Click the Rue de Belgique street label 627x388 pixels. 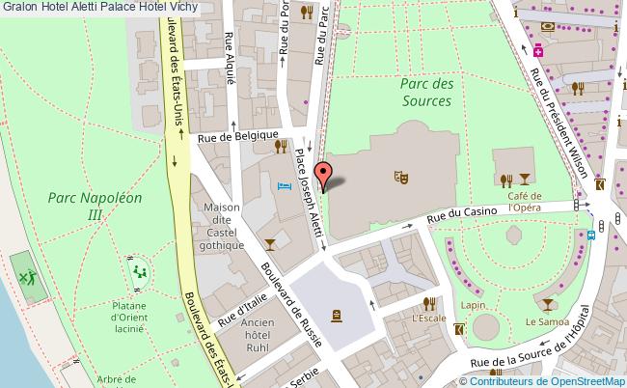238,138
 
